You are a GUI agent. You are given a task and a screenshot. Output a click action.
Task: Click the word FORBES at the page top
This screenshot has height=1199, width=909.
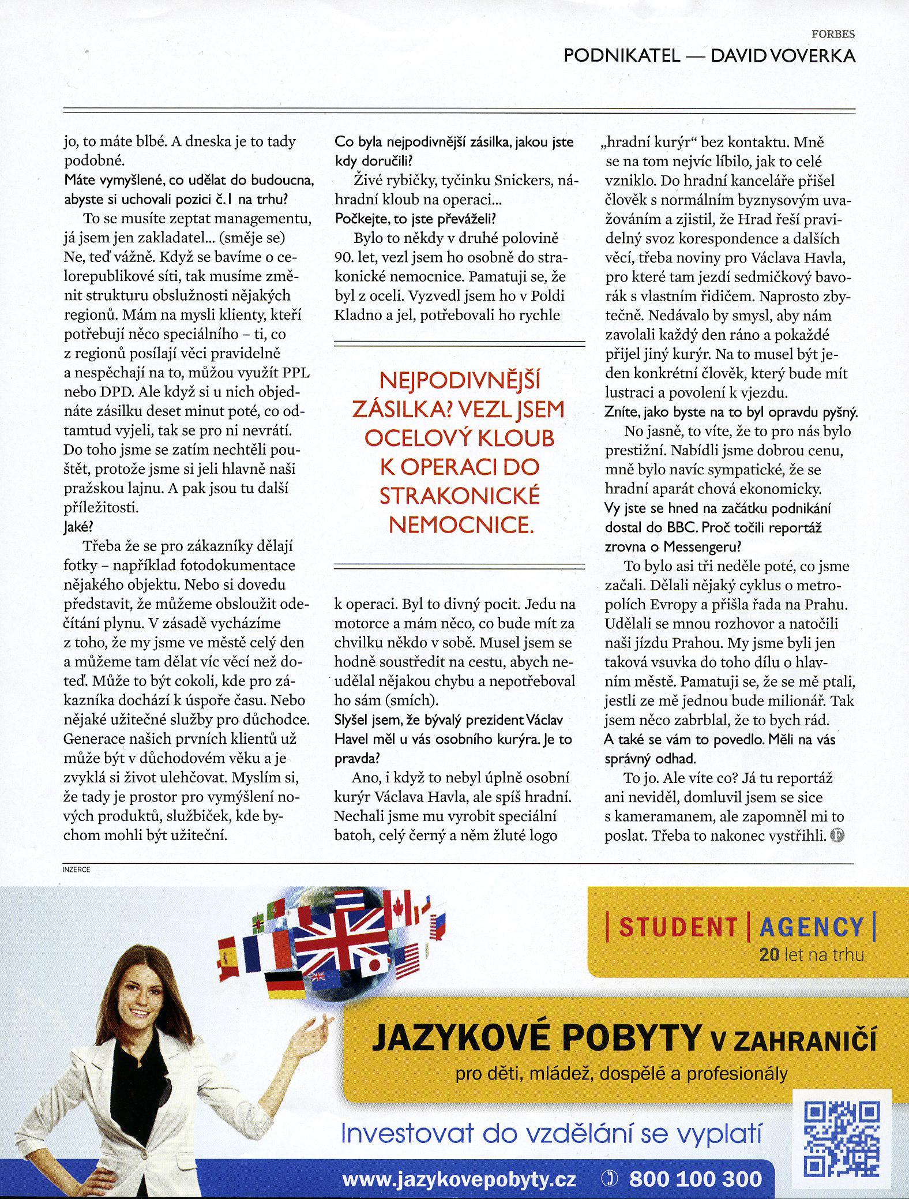[x=833, y=34]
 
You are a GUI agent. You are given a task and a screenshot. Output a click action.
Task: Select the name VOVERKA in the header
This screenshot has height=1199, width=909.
[x=813, y=56]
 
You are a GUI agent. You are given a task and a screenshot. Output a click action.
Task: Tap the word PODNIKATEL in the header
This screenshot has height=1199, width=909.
[x=621, y=56]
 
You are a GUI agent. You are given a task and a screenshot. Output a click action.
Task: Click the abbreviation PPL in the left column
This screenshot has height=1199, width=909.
[x=296, y=373]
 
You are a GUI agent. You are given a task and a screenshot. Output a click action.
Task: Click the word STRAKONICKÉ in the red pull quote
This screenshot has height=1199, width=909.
[x=460, y=496]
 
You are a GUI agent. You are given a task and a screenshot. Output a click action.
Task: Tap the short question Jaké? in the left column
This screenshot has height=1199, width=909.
[x=78, y=527]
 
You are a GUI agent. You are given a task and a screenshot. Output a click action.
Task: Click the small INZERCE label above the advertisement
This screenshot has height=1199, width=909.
[x=76, y=870]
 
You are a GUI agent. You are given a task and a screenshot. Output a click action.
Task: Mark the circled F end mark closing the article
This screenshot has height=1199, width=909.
[x=837, y=835]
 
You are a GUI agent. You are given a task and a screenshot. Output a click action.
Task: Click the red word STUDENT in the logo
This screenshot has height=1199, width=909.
[x=678, y=928]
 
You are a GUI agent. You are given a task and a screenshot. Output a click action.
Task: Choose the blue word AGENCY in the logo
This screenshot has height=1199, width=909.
[x=811, y=928]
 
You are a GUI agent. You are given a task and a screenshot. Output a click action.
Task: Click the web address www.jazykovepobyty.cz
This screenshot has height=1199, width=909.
[x=459, y=1179]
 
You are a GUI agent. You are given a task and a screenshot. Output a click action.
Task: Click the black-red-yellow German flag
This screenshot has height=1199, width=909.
[x=285, y=986]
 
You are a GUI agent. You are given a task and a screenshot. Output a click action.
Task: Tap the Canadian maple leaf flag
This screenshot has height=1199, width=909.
[x=398, y=909]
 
